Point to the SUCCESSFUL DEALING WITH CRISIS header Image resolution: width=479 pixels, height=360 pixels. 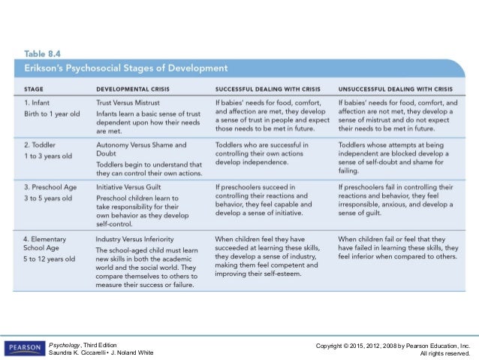pyautogui.click(x=267, y=88)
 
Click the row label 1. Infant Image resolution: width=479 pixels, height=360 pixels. pyautogui.click(x=35, y=101)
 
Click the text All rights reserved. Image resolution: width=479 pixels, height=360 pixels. pyautogui.click(x=444, y=352)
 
